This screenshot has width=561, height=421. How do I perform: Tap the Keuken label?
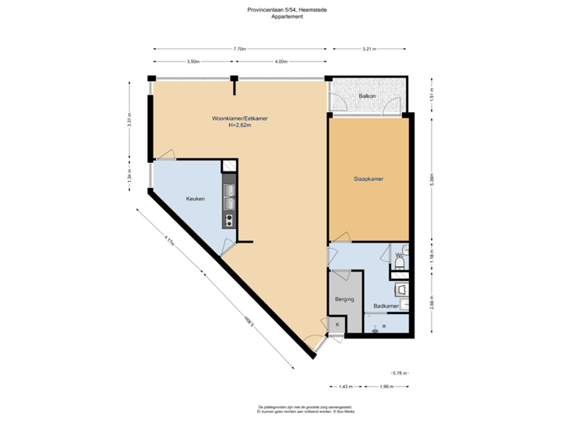click(x=195, y=200)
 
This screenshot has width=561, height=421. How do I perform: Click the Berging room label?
click(x=345, y=299)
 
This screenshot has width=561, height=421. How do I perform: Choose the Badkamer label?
click(x=386, y=306)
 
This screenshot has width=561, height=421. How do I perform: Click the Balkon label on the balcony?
click(x=368, y=97)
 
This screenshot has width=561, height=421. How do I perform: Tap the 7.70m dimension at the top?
click(x=240, y=49)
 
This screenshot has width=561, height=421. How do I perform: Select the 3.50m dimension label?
click(x=193, y=61)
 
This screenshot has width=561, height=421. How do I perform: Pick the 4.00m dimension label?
click(x=281, y=61)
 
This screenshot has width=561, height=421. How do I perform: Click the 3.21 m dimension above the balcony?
click(x=369, y=49)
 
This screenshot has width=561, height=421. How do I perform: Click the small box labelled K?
click(x=337, y=324)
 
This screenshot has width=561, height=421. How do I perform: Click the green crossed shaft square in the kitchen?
click(x=230, y=166)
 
